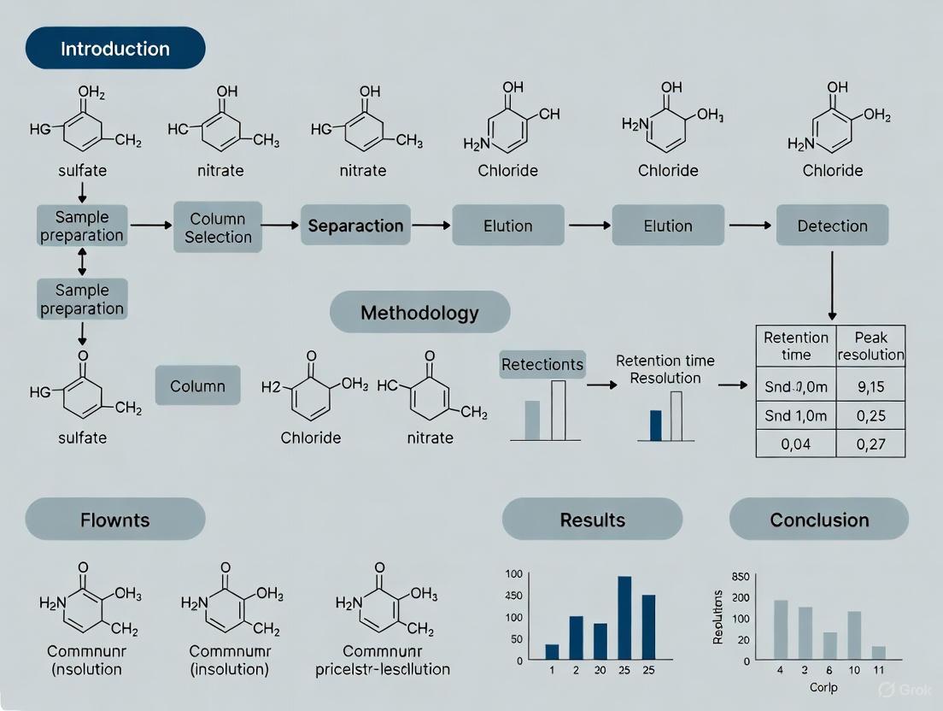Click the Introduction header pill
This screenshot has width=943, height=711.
pyautogui.click(x=115, y=48)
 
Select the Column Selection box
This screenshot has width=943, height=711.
pyautogui.click(x=217, y=226)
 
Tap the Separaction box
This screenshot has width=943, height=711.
pyautogui.click(x=355, y=226)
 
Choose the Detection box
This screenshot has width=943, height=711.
pyautogui.click(x=832, y=226)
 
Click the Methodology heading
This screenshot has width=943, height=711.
pyautogui.click(x=419, y=312)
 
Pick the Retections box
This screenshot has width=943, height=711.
pyautogui.click(x=542, y=364)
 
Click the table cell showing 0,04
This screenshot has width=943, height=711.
pyautogui.click(x=795, y=444)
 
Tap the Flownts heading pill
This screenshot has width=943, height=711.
pyautogui.click(x=115, y=520)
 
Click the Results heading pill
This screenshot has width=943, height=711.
pyautogui.click(x=592, y=520)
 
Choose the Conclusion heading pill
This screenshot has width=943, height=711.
pyautogui.click(x=819, y=520)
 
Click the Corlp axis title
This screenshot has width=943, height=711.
pyautogui.click(x=823, y=687)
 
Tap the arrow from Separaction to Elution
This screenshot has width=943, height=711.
pyautogui.click(x=431, y=226)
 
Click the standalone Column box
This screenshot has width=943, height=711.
pyautogui.click(x=197, y=386)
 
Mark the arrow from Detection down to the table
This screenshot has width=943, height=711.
pyautogui.click(x=832, y=282)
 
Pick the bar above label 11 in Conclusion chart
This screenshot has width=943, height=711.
pyautogui.click(x=879, y=653)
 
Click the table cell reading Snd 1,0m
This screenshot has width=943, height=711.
pyautogui.click(x=795, y=416)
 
